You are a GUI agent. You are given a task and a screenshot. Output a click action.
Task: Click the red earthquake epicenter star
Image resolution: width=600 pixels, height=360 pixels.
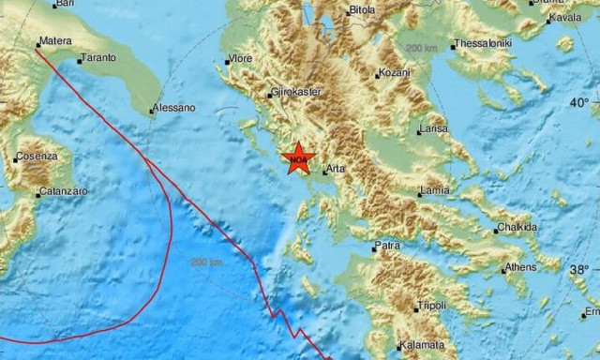298,157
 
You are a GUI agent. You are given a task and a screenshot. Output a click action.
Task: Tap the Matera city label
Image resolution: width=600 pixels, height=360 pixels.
55,42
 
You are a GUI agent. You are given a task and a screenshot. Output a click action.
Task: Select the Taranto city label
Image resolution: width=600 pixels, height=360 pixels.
97,58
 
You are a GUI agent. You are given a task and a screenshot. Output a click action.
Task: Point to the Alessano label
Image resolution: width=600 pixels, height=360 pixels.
176,108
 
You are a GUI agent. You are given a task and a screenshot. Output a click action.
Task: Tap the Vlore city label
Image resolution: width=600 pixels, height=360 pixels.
240,61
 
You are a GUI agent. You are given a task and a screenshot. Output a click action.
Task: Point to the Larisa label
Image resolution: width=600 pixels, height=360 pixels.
433,127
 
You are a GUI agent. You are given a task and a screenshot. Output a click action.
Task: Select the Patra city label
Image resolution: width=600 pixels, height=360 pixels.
387,246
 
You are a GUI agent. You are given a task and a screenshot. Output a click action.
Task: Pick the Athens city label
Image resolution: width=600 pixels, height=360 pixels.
520,267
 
